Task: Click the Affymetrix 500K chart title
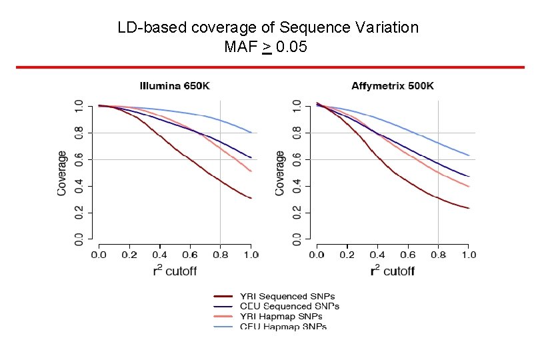393,86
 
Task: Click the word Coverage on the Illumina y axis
62,173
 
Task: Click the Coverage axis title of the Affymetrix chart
280,173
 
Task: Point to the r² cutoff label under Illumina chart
174,271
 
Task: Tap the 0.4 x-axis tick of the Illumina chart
159,255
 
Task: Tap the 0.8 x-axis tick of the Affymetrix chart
438,255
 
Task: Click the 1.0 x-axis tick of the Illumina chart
251,255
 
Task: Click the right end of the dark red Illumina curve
251,198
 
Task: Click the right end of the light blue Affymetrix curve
469,155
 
